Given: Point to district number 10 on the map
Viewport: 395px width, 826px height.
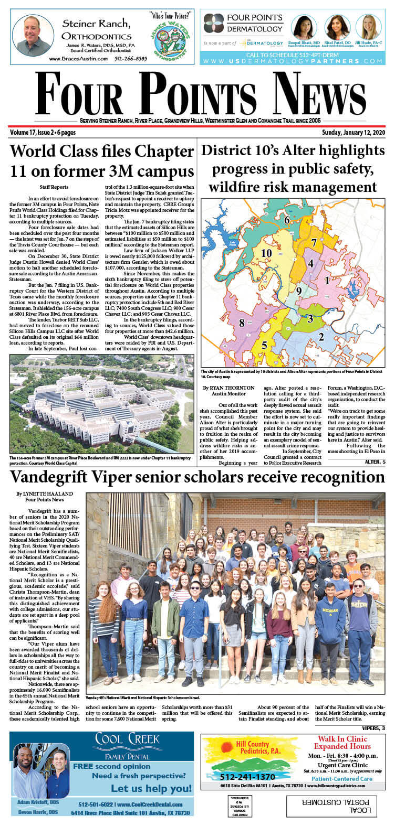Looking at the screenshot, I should [x=266, y=253].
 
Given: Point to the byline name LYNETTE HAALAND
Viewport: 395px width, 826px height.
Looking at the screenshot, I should [x=44, y=494].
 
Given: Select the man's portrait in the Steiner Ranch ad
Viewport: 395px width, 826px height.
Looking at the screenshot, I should [x=33, y=36].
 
